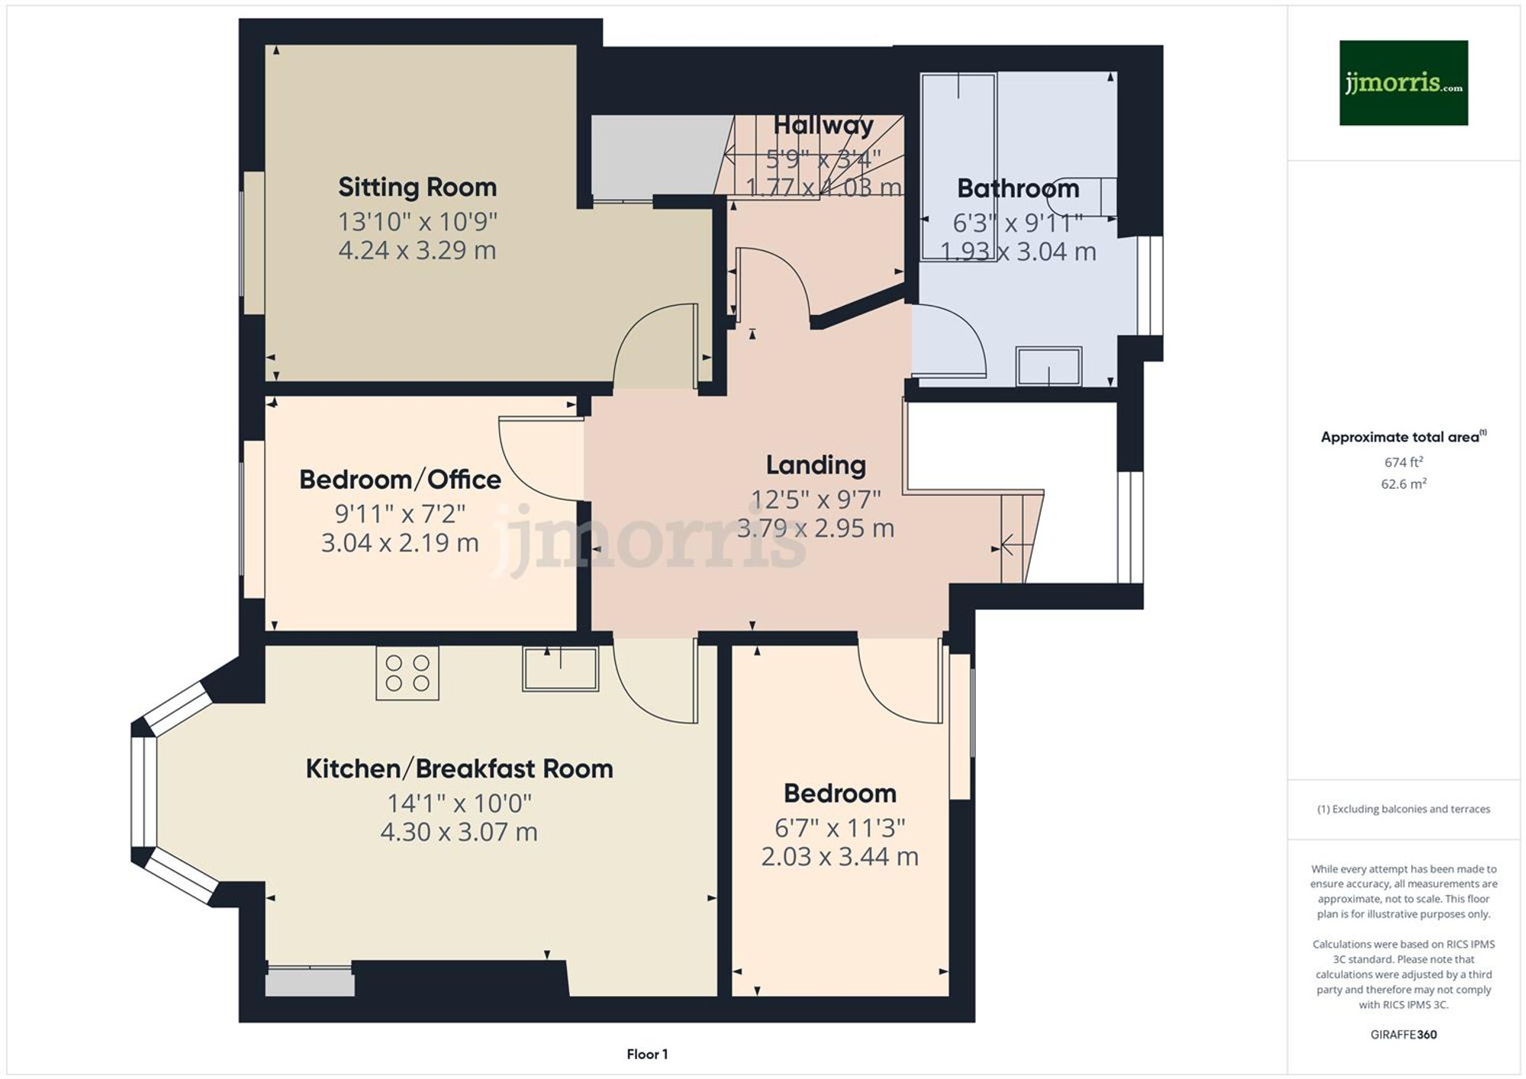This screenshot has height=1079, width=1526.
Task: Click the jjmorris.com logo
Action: tap(1402, 82)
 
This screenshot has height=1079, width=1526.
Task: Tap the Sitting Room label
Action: tap(417, 187)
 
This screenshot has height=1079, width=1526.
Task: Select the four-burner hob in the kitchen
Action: tap(407, 673)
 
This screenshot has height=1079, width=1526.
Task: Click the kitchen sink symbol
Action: tap(560, 669)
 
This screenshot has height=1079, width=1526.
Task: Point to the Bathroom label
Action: tap(1018, 188)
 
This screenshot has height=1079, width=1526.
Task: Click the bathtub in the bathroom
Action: tap(958, 166)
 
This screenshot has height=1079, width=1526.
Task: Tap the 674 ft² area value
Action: tap(1402, 462)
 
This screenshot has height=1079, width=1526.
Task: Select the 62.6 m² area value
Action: tap(1402, 483)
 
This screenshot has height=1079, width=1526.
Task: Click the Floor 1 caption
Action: tap(646, 1054)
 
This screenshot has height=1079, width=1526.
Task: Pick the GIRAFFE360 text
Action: tap(1402, 1035)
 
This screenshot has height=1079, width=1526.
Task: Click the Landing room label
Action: tap(815, 464)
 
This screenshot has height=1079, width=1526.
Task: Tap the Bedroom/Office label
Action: tap(400, 480)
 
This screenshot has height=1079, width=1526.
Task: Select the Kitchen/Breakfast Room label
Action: tap(459, 769)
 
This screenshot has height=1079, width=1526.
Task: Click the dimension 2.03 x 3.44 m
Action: tap(839, 856)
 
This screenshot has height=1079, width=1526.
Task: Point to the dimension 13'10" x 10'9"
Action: tap(417, 222)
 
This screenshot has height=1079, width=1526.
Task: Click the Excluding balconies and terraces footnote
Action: tap(1402, 809)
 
